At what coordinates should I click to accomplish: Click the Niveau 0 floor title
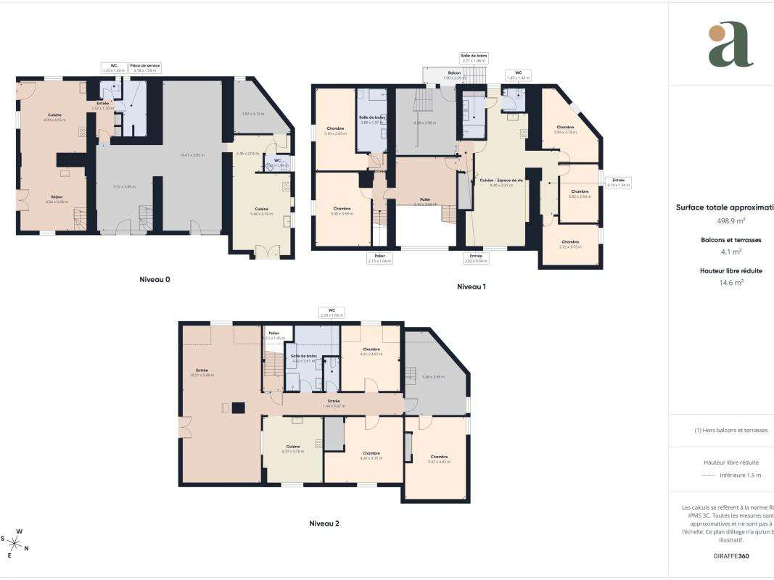coord(155,279)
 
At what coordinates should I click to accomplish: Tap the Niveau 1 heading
coord(471,286)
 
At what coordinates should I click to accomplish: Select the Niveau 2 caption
coord(324,523)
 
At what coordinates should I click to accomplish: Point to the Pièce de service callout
coord(145,66)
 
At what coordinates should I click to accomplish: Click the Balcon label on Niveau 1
coord(454,73)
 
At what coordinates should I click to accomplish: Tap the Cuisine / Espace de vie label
coord(501,180)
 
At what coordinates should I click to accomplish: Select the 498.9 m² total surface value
coord(731,220)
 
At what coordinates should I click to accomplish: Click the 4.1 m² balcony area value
coord(731,252)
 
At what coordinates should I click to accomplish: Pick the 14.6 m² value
coord(731,283)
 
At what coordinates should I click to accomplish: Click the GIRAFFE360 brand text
coord(731,556)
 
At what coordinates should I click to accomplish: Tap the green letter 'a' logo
coord(730,44)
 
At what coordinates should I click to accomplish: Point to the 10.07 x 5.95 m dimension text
coord(193,154)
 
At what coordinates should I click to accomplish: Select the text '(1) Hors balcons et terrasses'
coord(731,430)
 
